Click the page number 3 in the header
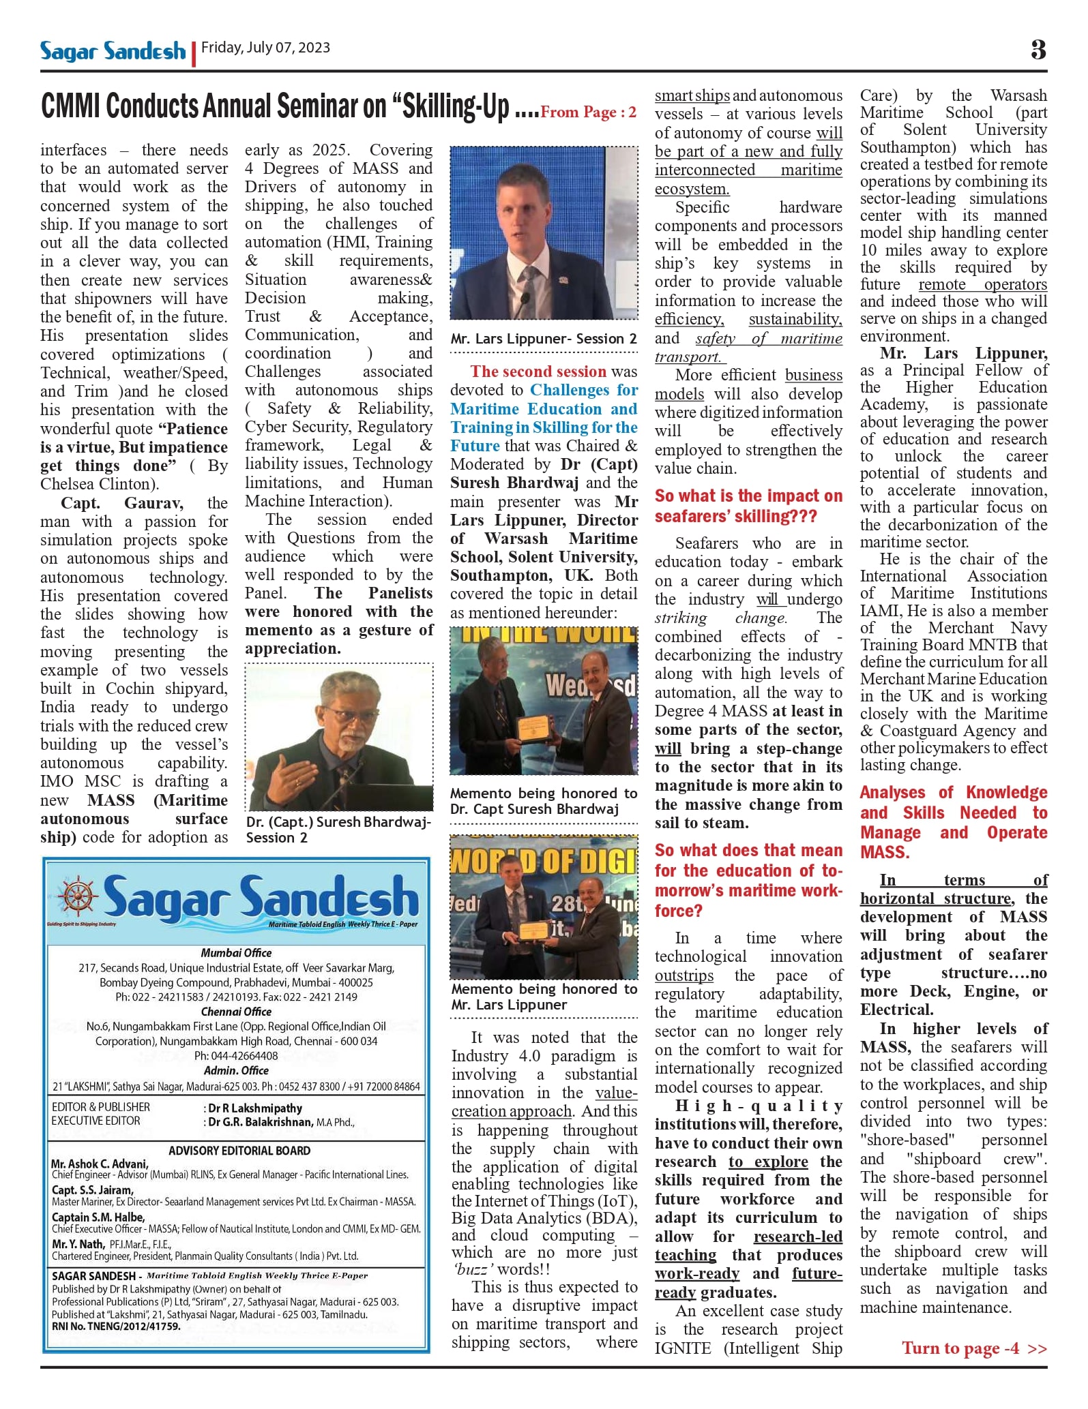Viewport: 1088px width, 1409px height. tap(1038, 50)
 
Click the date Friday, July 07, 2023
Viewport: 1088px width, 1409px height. tap(265, 48)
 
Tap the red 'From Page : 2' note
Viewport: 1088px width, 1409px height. tap(588, 112)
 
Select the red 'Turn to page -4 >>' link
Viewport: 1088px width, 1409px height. tap(973, 1348)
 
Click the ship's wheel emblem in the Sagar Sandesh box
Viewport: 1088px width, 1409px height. tap(78, 896)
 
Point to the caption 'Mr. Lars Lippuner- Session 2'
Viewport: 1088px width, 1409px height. tap(543, 339)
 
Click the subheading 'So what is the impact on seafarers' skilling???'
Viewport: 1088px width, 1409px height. tap(748, 506)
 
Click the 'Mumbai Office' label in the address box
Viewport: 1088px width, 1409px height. tap(236, 953)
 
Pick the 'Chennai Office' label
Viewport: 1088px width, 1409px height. tap(236, 1012)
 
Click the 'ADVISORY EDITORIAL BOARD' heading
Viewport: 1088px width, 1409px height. tap(239, 1151)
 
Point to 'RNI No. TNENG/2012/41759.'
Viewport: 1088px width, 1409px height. tap(116, 1327)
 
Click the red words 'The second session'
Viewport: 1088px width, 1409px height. tap(538, 372)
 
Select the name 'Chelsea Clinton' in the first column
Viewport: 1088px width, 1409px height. tap(99, 484)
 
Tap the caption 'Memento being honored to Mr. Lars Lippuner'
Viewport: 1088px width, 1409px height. tap(543, 996)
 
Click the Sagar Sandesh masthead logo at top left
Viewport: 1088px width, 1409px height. tap(113, 51)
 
